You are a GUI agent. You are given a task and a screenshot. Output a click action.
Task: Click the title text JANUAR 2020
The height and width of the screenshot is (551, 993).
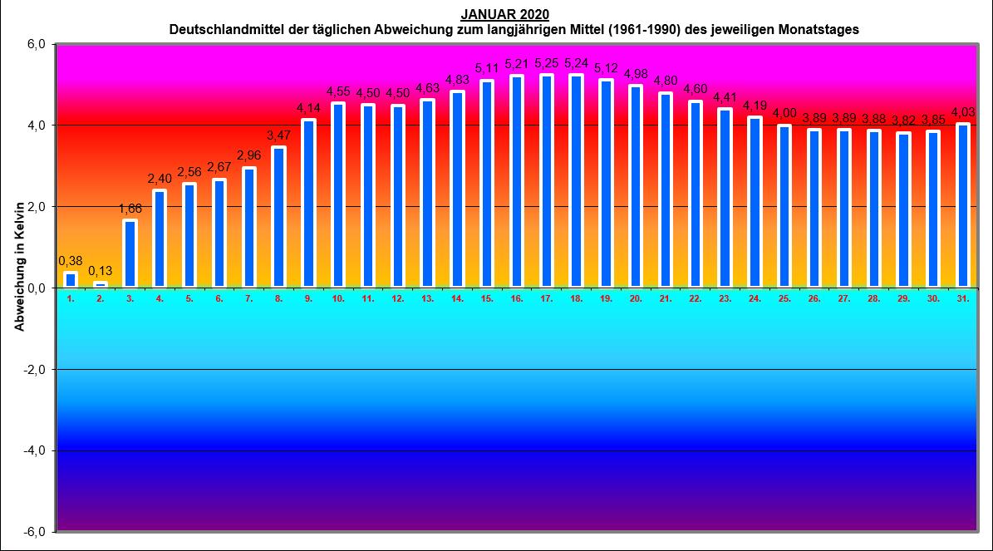pos(504,15)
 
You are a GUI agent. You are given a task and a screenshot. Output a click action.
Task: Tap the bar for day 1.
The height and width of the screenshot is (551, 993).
pos(71,280)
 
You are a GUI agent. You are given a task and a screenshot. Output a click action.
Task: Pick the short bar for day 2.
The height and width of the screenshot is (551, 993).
pos(101,285)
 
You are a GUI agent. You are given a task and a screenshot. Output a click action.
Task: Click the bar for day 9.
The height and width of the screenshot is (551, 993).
pos(308,204)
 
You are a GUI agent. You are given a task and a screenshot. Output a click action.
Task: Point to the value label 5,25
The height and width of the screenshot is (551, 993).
pos(546,63)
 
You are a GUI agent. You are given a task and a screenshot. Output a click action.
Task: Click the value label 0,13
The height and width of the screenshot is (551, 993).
pos(101,271)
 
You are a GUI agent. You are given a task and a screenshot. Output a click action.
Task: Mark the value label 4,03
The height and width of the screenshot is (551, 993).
pos(963,112)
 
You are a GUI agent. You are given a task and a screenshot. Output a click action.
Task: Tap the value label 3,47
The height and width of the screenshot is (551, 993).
pos(278,135)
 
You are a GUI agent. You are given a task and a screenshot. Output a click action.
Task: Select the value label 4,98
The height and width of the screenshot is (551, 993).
pos(635,74)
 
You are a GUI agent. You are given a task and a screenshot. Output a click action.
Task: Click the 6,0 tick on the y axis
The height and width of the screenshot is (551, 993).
pos(35,44)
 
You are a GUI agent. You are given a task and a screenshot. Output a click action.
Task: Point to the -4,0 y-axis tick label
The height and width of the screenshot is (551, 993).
pos(33,450)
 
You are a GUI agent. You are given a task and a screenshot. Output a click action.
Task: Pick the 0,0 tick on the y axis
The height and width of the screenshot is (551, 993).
pos(35,288)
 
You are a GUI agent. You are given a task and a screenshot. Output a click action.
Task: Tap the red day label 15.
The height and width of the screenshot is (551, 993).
pos(486,298)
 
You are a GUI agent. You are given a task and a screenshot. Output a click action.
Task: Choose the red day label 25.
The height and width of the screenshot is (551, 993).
pos(784,298)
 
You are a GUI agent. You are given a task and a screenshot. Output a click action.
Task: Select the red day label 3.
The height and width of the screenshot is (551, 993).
pos(130,298)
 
